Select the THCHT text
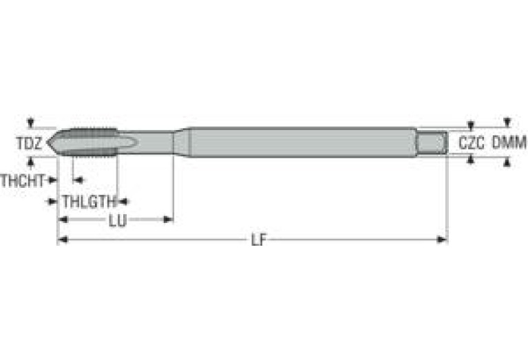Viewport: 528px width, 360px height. click(x=23, y=180)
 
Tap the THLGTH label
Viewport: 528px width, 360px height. click(x=87, y=202)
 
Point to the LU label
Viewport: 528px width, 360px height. click(x=117, y=220)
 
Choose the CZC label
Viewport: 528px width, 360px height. click(x=472, y=143)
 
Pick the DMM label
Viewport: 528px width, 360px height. click(x=509, y=143)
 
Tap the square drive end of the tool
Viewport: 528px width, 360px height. click(x=432, y=142)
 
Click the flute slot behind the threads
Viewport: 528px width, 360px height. click(x=124, y=142)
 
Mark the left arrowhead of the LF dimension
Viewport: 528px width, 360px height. click(x=61, y=240)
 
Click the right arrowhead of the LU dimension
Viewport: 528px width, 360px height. click(x=168, y=220)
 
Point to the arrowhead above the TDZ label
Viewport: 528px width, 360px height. click(x=30, y=124)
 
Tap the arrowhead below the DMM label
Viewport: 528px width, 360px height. click(x=507, y=162)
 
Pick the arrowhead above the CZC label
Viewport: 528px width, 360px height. click(x=471, y=126)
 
